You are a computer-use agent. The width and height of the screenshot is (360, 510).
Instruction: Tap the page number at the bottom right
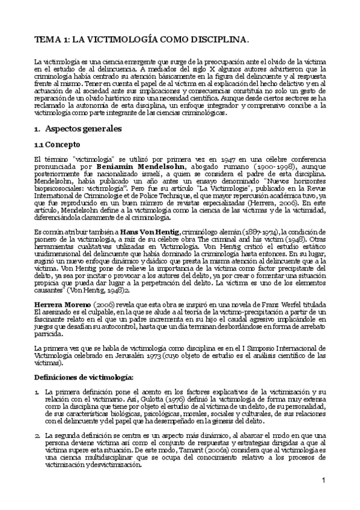pyautogui.click(x=323, y=497)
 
